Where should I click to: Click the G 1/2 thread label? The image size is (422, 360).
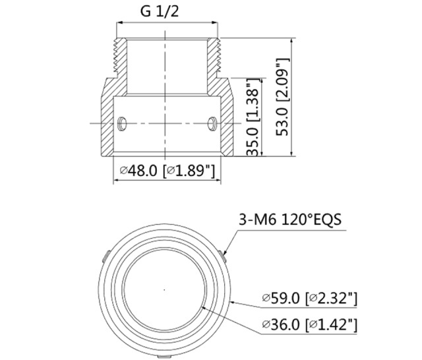click(160, 12)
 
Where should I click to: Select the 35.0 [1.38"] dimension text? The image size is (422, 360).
click(253, 117)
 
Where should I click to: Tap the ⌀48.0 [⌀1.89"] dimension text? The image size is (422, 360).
click(167, 171)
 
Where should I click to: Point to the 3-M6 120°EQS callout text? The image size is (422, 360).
click(290, 220)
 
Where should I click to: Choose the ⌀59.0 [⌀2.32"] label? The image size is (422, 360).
click(310, 299)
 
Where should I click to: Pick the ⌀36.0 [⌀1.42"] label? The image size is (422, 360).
click(310, 325)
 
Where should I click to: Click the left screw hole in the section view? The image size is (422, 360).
click(122, 123)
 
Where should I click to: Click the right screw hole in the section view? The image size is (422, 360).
click(212, 123)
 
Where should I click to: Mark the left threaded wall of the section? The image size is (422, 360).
click(120, 59)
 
